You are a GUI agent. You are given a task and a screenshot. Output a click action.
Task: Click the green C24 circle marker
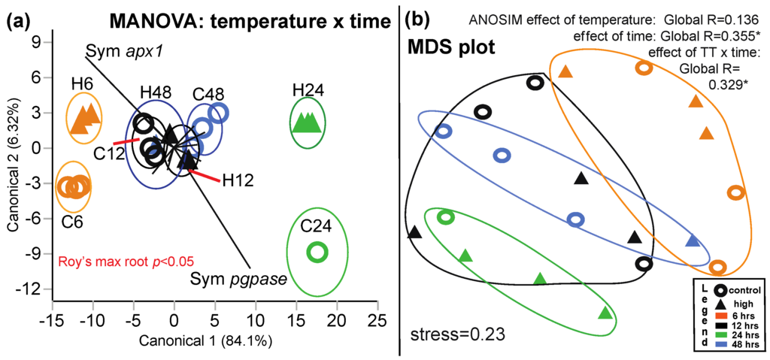317,253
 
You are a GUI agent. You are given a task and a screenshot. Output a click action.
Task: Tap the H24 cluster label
306,91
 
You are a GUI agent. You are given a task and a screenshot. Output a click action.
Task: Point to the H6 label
82,84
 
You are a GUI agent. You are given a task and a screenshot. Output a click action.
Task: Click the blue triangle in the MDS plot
693,241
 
